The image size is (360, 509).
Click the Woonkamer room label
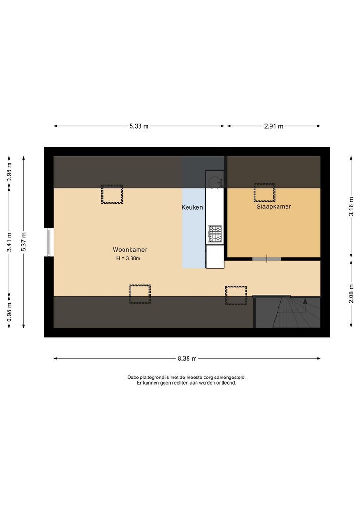(130, 250)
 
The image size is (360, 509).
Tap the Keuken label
(192, 207)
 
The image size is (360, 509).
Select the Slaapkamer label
(273, 206)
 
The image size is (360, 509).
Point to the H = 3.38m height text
(128, 258)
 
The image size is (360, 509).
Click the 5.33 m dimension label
(139, 126)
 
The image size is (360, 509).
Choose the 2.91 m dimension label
(274, 126)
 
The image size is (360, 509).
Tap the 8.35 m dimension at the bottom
(187, 359)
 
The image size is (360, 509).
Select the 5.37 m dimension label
(24, 242)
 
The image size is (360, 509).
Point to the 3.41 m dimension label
(9, 242)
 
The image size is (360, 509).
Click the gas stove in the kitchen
(215, 232)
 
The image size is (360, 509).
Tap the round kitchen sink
(215, 181)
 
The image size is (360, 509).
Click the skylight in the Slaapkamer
(264, 193)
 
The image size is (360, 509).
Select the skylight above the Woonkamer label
(112, 194)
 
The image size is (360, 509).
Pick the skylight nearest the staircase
(236, 296)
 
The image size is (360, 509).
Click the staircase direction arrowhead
(305, 301)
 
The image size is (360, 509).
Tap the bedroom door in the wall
(266, 258)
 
